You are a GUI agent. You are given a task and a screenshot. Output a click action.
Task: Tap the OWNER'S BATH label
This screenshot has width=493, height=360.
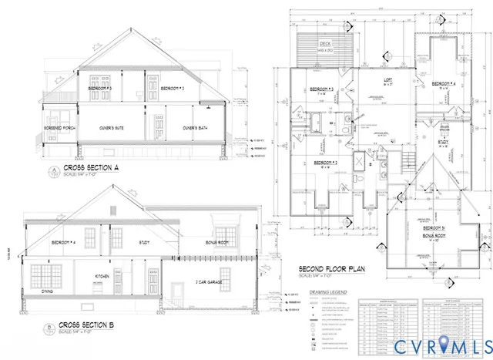point(196,127)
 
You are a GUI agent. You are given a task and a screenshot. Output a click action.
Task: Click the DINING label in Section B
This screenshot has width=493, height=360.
point(47,291)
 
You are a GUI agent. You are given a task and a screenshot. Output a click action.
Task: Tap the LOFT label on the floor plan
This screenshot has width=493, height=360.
point(389,79)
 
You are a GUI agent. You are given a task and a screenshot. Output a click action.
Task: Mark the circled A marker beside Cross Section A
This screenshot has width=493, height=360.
point(52,169)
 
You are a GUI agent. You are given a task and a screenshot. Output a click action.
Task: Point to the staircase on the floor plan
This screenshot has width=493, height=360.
point(408,163)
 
